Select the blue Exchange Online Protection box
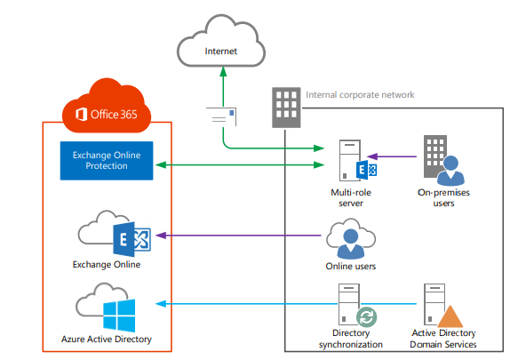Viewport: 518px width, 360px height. pyautogui.click(x=107, y=161)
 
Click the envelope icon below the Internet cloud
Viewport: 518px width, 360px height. pyautogui.click(x=221, y=116)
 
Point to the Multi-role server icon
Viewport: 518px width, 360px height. pyautogui.click(x=357, y=160)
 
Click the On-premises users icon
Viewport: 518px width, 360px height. pyautogui.click(x=443, y=160)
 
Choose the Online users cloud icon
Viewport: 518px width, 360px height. pyautogui.click(x=351, y=238)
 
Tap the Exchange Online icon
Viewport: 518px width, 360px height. pyautogui.click(x=115, y=234)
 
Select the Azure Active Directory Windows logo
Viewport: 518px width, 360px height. pyautogui.click(x=119, y=316)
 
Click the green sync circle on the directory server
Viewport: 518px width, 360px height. pyautogui.click(x=367, y=316)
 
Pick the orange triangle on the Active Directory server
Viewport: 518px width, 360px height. pyautogui.click(x=450, y=316)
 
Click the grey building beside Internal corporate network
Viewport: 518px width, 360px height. pyautogui.click(x=286, y=108)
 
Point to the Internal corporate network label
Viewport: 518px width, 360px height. pyautogui.click(x=360, y=95)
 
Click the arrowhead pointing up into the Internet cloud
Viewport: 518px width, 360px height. pyautogui.click(x=223, y=71)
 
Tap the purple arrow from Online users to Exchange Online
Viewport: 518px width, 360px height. pyautogui.click(x=238, y=236)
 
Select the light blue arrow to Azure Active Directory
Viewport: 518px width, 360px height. pyautogui.click(x=286, y=304)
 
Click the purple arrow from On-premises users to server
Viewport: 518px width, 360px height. pyautogui.click(x=392, y=156)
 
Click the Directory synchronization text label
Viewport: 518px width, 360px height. pyautogui.click(x=351, y=339)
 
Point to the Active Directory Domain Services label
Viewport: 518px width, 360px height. pyautogui.click(x=443, y=339)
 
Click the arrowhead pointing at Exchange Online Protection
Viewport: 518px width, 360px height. pyautogui.click(x=161, y=164)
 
